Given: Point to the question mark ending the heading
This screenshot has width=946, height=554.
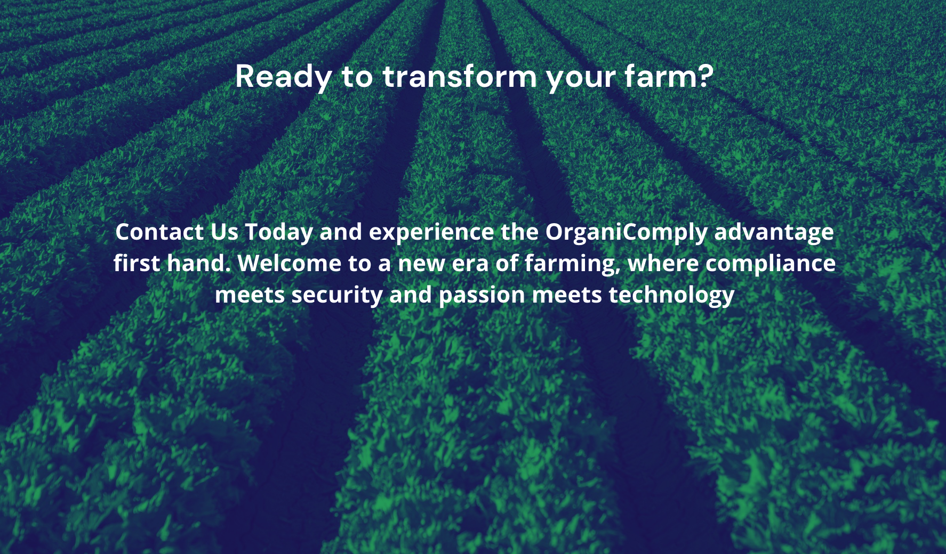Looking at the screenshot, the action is click(x=706, y=76).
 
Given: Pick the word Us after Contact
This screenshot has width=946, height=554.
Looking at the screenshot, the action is click(x=224, y=232).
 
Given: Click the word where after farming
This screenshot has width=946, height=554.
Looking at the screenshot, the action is click(x=663, y=264).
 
